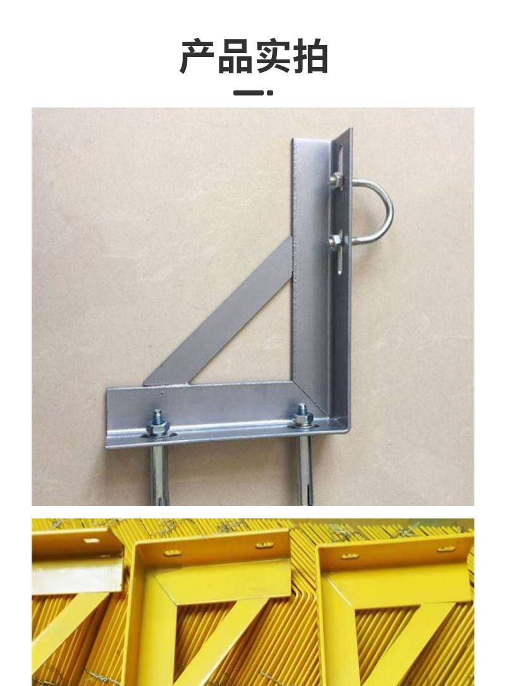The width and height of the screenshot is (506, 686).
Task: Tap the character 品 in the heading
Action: [235, 56]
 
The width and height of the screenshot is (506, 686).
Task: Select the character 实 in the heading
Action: [272, 56]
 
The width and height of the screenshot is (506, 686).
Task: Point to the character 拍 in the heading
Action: [309, 56]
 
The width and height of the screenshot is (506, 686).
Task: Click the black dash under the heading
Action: [248, 93]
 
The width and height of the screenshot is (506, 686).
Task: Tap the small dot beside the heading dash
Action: [270, 93]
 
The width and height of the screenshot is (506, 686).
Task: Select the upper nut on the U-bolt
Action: [336, 179]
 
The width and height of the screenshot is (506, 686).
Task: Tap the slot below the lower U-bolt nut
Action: [340, 262]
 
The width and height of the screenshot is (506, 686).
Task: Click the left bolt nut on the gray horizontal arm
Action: [157, 427]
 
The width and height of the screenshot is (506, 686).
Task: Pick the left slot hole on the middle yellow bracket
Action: [173, 553]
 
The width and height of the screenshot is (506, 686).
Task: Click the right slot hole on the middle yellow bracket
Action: [265, 545]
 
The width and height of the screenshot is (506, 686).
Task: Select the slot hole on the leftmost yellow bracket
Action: [92, 541]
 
